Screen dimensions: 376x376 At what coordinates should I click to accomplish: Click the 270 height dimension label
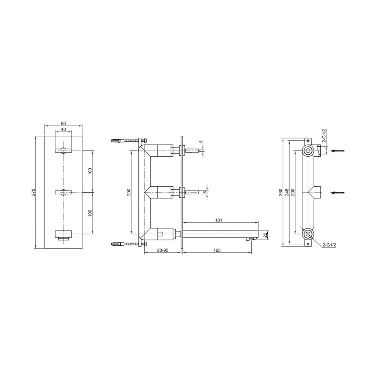click(33, 192)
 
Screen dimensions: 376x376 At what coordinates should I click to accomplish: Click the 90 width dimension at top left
click(63, 123)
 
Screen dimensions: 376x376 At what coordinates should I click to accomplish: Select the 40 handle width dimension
click(63, 129)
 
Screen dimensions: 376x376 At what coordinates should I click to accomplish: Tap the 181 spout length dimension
click(218, 220)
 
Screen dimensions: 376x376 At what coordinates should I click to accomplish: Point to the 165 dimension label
click(217, 250)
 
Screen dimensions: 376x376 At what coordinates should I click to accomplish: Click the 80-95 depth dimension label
click(163, 250)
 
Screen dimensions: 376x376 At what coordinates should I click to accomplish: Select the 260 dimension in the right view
click(280, 192)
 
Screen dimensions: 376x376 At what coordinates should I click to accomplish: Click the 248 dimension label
click(287, 192)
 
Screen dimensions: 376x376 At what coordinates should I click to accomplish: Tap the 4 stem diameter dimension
click(201, 141)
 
